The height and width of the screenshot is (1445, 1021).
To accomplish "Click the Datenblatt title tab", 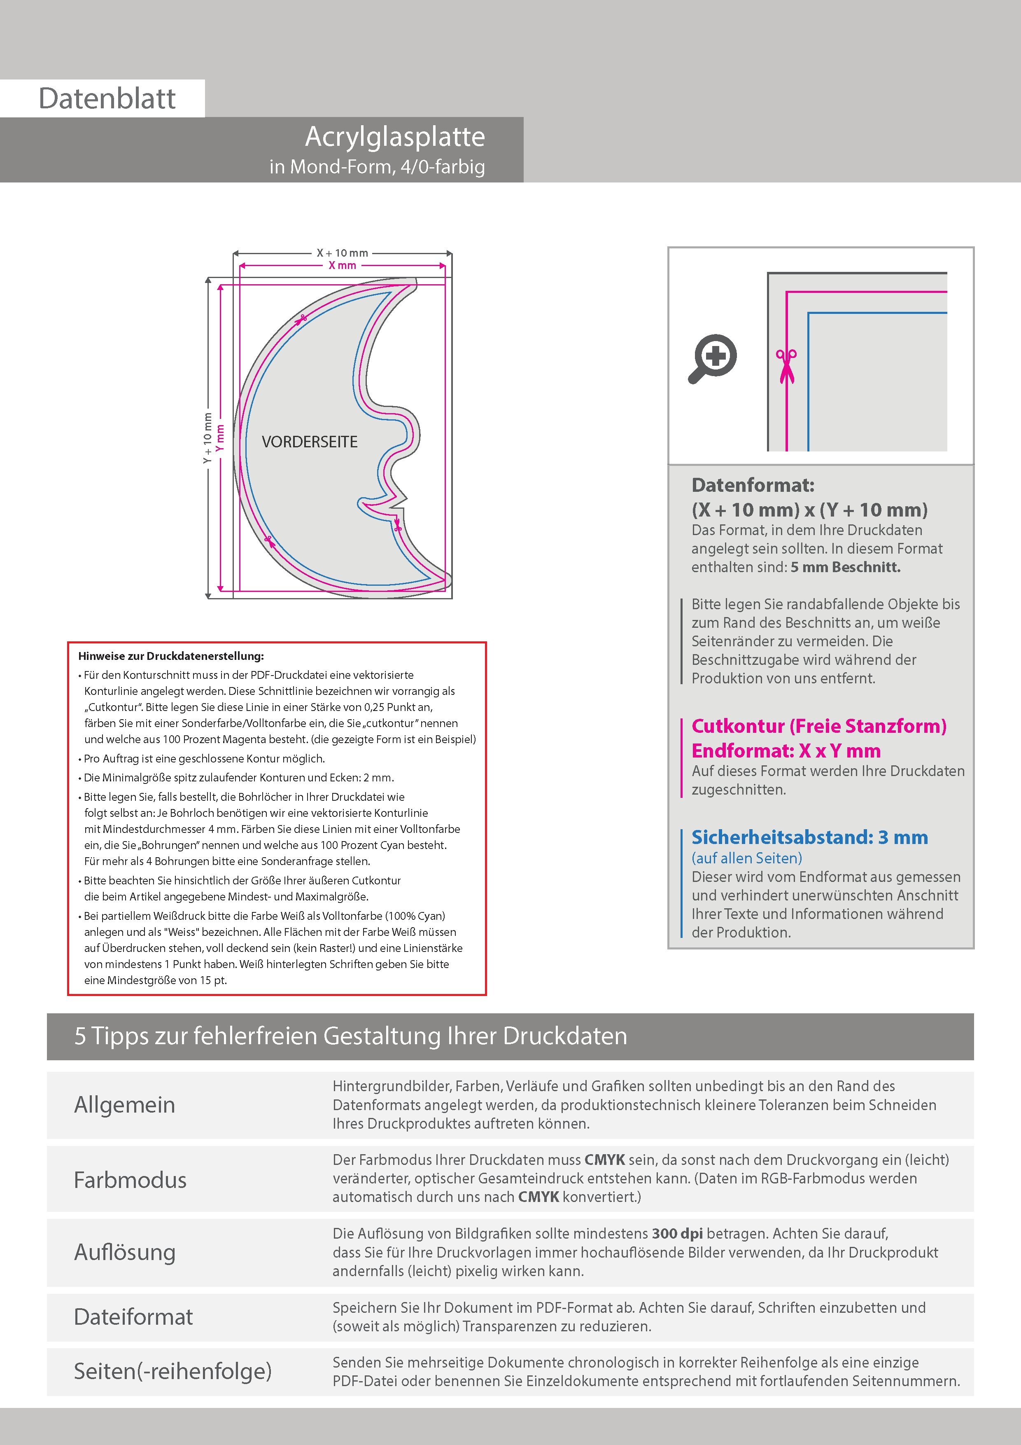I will point(107,98).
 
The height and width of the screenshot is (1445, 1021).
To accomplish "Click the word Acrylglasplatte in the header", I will point(395,137).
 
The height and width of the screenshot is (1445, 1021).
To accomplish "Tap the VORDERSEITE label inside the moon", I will point(310,442).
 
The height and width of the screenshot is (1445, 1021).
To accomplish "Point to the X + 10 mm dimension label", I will point(342,253).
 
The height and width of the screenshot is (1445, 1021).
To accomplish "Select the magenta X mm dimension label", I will point(342,266).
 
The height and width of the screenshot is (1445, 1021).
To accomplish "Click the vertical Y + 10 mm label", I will point(207,439).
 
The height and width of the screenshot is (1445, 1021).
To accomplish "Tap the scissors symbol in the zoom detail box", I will point(786,366).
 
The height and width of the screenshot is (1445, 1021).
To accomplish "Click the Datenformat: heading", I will point(753,485).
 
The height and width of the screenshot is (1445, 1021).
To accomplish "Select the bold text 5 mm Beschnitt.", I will point(846,567).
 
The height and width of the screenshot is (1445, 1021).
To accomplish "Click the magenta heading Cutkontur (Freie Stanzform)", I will point(818,726).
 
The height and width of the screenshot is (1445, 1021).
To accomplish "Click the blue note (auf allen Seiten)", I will point(747,858).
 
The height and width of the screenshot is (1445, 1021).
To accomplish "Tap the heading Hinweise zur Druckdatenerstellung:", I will point(171,656).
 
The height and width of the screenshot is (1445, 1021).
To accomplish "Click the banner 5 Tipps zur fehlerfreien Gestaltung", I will point(350,1036).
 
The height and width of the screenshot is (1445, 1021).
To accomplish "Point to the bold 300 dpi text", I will point(678,1234).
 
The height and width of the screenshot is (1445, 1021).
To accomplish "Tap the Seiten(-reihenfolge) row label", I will point(172,1371).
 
